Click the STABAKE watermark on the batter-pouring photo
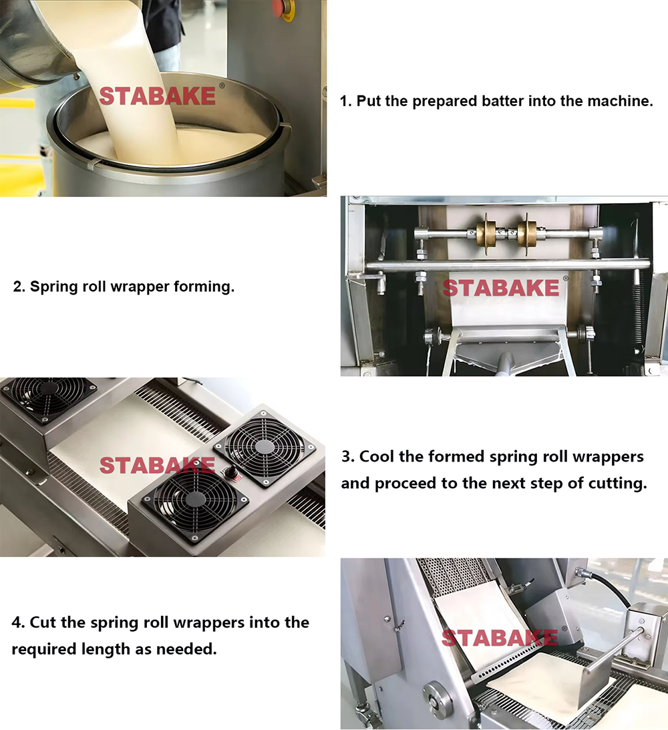(158, 96)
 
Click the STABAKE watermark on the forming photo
(501, 288)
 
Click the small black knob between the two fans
(230, 472)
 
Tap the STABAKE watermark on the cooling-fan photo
(158, 466)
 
